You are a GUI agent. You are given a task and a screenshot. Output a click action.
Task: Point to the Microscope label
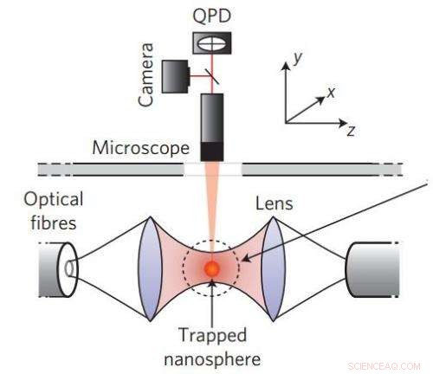139,148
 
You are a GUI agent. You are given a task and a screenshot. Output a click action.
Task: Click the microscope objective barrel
211,126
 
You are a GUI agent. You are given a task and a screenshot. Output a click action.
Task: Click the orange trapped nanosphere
211,268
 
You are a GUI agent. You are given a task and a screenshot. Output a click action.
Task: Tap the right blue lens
274,262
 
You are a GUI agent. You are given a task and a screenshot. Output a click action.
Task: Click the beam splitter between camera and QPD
210,75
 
